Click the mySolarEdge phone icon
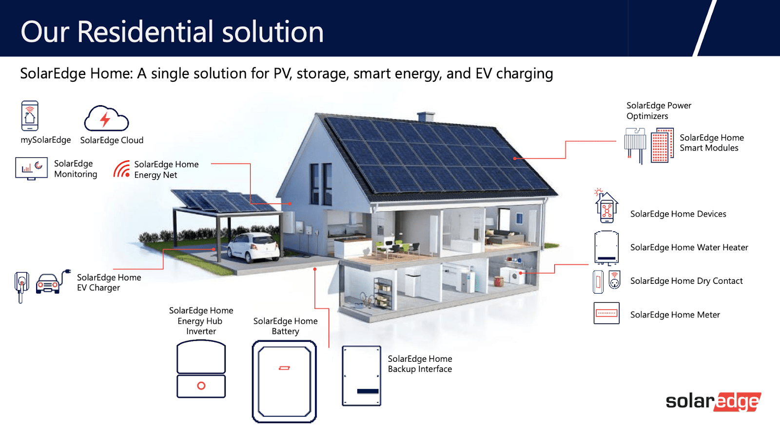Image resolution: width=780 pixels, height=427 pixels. pyautogui.click(x=30, y=116)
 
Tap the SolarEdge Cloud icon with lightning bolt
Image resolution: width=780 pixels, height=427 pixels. pyautogui.click(x=106, y=118)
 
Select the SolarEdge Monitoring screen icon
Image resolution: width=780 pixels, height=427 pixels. pyautogui.click(x=31, y=168)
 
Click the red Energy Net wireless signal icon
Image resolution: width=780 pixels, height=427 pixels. pyautogui.click(x=121, y=169)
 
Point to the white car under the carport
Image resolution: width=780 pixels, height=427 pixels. pyautogui.click(x=253, y=247)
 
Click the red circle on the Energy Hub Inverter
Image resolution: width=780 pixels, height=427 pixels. pyautogui.click(x=201, y=386)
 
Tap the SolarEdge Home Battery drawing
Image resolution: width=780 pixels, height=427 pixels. pyautogui.click(x=284, y=381)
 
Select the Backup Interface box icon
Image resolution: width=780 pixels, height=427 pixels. pyautogui.click(x=361, y=375)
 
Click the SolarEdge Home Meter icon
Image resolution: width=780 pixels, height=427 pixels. pyautogui.click(x=606, y=313)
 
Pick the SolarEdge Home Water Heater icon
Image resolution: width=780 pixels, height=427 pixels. pyautogui.click(x=606, y=247)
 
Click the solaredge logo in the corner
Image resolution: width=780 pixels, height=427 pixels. pyautogui.click(x=713, y=402)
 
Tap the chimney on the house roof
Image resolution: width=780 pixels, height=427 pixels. pyautogui.click(x=426, y=117)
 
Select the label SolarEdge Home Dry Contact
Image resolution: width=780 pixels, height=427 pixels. pyautogui.click(x=686, y=281)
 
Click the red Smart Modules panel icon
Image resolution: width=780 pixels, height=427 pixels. pyautogui.click(x=662, y=146)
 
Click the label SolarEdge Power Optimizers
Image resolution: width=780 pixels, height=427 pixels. pyautogui.click(x=659, y=111)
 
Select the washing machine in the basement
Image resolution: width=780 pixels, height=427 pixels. pyautogui.click(x=517, y=276)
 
